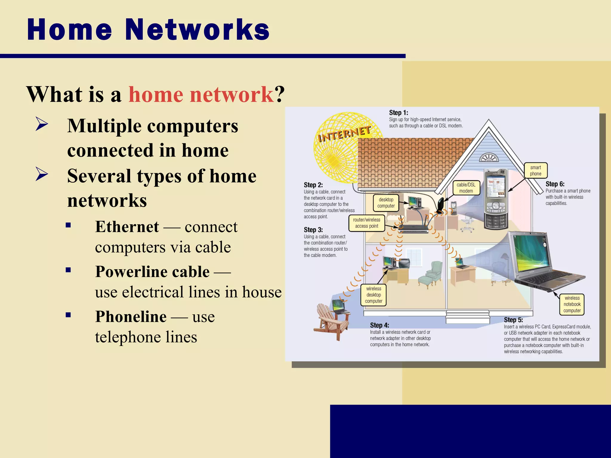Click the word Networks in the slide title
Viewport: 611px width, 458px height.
(x=197, y=30)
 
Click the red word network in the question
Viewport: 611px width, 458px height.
(x=232, y=95)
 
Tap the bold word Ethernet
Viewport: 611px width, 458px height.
(x=127, y=227)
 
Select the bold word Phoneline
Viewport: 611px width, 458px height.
(x=131, y=317)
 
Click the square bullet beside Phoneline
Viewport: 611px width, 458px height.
(x=68, y=315)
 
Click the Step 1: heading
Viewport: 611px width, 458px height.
(x=398, y=113)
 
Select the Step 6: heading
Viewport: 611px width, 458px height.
(x=555, y=184)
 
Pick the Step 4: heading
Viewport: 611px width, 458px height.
(x=379, y=325)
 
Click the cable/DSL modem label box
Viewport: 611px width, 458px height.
(x=466, y=188)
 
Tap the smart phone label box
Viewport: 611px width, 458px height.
(x=536, y=171)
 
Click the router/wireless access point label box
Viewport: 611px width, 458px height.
(x=366, y=223)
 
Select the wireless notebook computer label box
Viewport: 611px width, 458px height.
(x=572, y=304)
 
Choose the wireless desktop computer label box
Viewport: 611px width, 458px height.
(x=374, y=295)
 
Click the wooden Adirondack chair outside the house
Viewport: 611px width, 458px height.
(x=330, y=322)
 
